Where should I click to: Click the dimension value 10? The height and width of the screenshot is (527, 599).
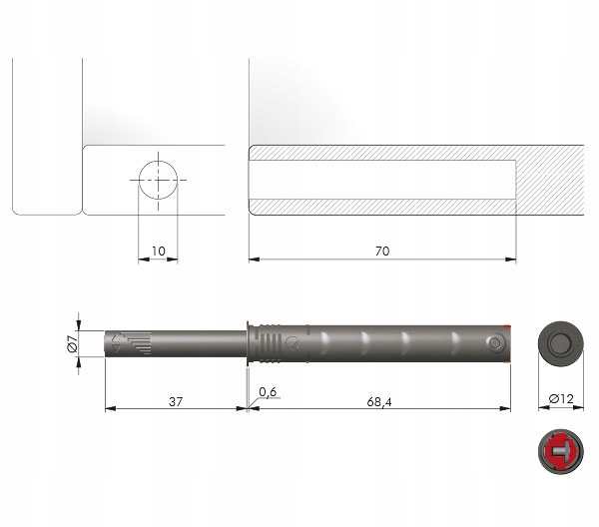(x=158, y=252)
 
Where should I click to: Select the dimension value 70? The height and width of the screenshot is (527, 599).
(x=382, y=252)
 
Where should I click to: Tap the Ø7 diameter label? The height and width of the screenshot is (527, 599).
(x=72, y=343)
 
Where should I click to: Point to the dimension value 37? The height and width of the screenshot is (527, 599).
(x=176, y=402)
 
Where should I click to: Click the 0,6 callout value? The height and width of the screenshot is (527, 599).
(x=268, y=392)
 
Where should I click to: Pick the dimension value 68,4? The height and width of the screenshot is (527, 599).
(x=379, y=402)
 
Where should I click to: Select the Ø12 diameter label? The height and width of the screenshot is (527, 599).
(x=561, y=398)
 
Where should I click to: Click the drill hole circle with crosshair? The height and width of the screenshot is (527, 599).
(x=158, y=180)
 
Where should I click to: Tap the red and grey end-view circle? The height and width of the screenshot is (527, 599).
(x=561, y=451)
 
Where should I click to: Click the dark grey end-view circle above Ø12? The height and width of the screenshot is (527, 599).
(x=561, y=343)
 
